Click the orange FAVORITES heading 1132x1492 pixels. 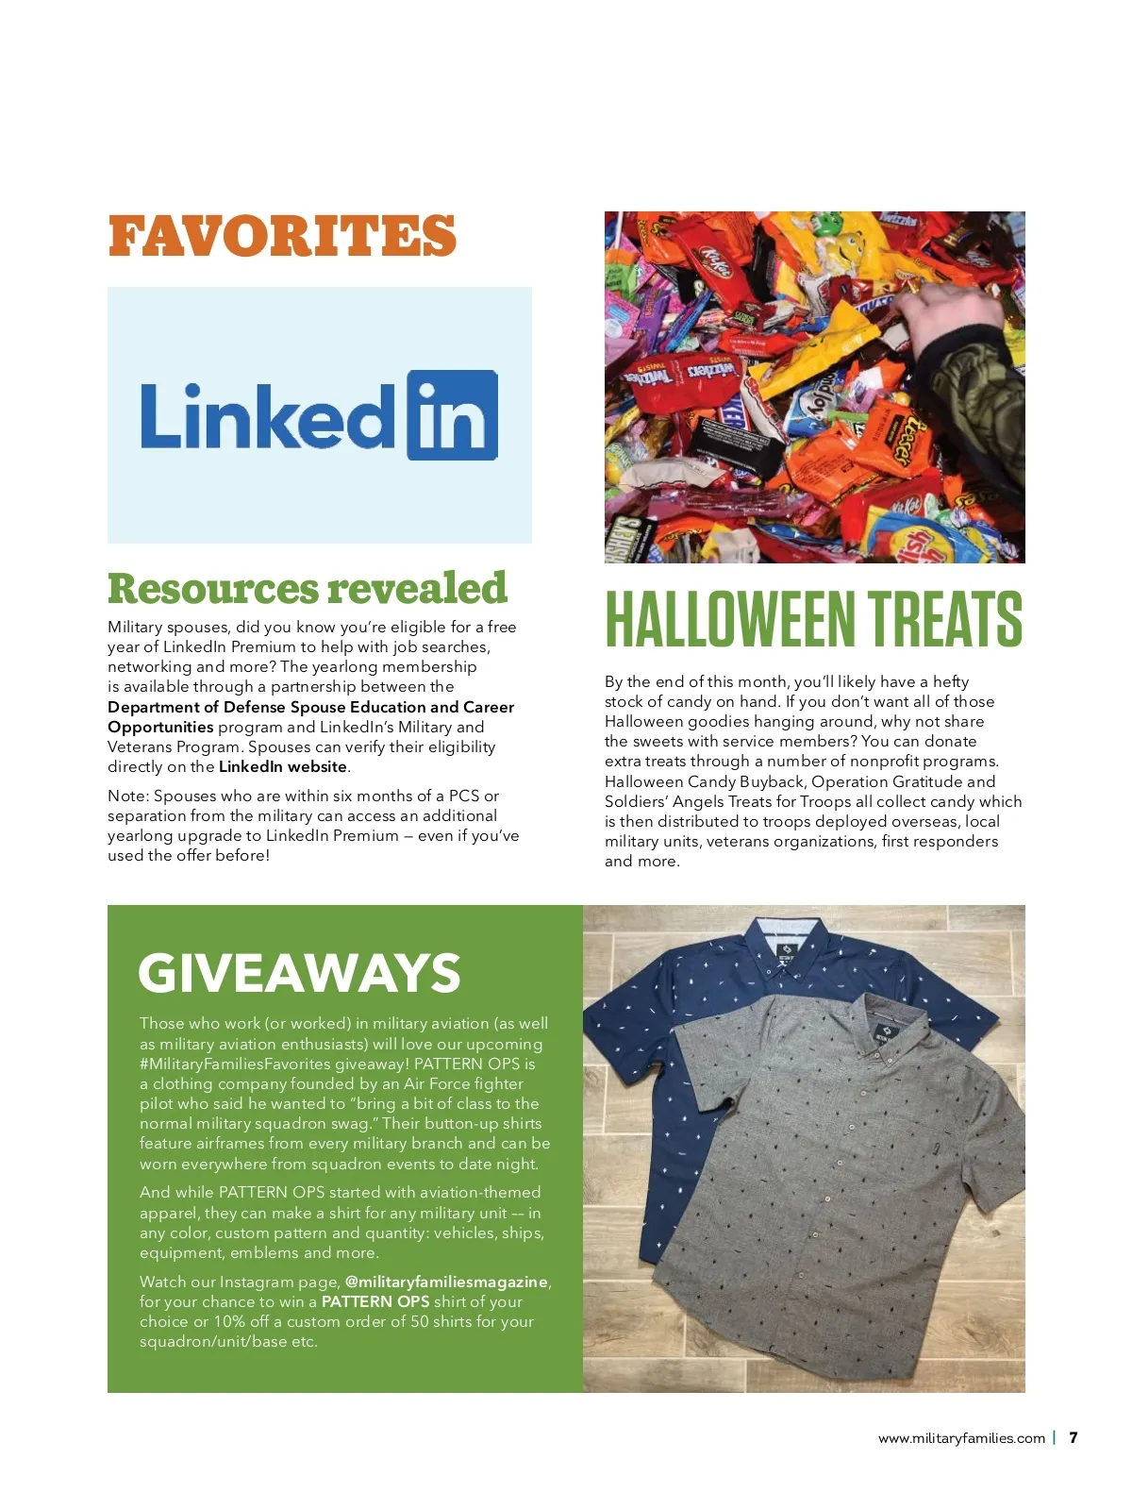pyautogui.click(x=282, y=236)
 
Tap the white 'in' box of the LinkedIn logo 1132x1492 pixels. pyautogui.click(x=452, y=415)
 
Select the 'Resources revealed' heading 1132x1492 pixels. pyautogui.click(x=307, y=588)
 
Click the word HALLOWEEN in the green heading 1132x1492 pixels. pyautogui.click(x=728, y=619)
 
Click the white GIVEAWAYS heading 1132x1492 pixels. pyautogui.click(x=299, y=973)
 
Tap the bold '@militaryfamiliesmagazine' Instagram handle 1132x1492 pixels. pyautogui.click(x=446, y=1282)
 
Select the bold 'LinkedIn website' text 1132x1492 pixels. pyautogui.click(x=283, y=766)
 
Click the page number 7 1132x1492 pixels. pyautogui.click(x=1073, y=1437)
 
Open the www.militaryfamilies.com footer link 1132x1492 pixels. pyautogui.click(x=961, y=1438)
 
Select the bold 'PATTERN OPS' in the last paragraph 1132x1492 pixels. pyautogui.click(x=375, y=1301)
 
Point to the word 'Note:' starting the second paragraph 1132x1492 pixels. pyautogui.click(x=128, y=796)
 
